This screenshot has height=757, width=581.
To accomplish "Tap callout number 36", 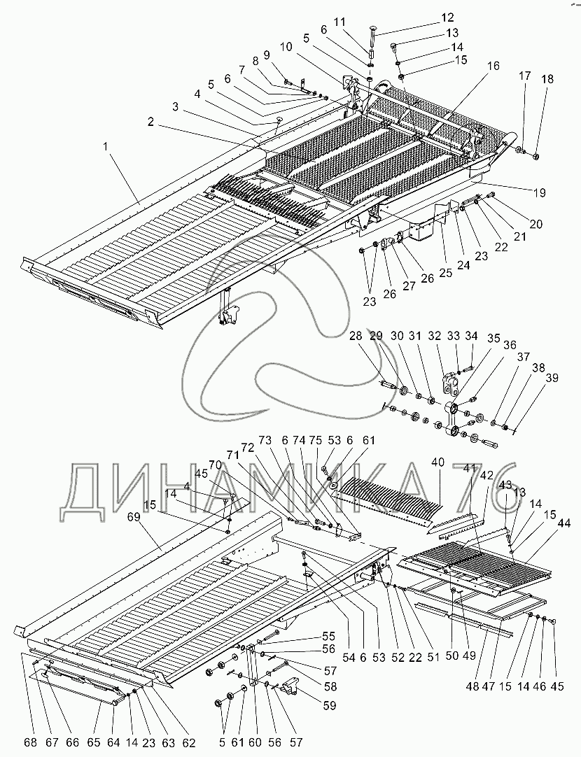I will (x=509, y=344).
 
